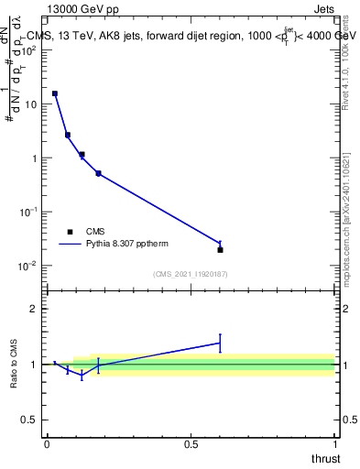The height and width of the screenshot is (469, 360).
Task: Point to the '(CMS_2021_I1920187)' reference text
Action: (190, 274)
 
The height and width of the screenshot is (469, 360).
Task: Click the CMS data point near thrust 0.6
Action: (220, 249)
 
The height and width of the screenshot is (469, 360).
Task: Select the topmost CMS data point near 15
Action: (55, 93)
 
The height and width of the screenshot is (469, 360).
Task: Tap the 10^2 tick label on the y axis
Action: (29, 50)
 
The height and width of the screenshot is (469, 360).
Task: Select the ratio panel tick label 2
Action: (33, 309)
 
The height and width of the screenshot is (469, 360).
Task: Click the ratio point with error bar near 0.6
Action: (220, 343)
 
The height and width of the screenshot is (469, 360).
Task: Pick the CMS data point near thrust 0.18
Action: (98, 173)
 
